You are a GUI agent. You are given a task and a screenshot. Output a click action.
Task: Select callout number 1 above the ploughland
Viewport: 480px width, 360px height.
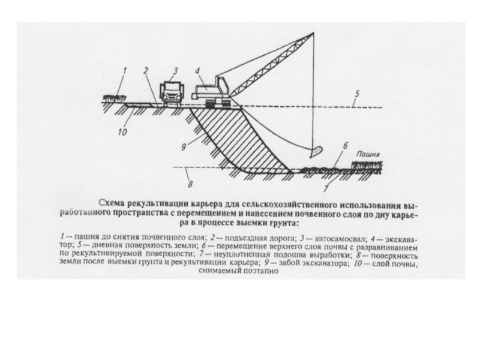(x=125, y=71)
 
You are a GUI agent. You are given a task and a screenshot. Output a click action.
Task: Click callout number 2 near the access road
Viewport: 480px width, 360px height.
(x=146, y=71)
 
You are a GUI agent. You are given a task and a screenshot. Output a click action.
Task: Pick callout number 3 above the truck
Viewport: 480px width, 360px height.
(x=176, y=71)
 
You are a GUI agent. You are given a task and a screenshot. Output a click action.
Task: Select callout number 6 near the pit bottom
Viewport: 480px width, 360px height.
(x=345, y=146)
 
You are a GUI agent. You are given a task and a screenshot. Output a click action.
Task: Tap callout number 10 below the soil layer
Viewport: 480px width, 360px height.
(x=122, y=131)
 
